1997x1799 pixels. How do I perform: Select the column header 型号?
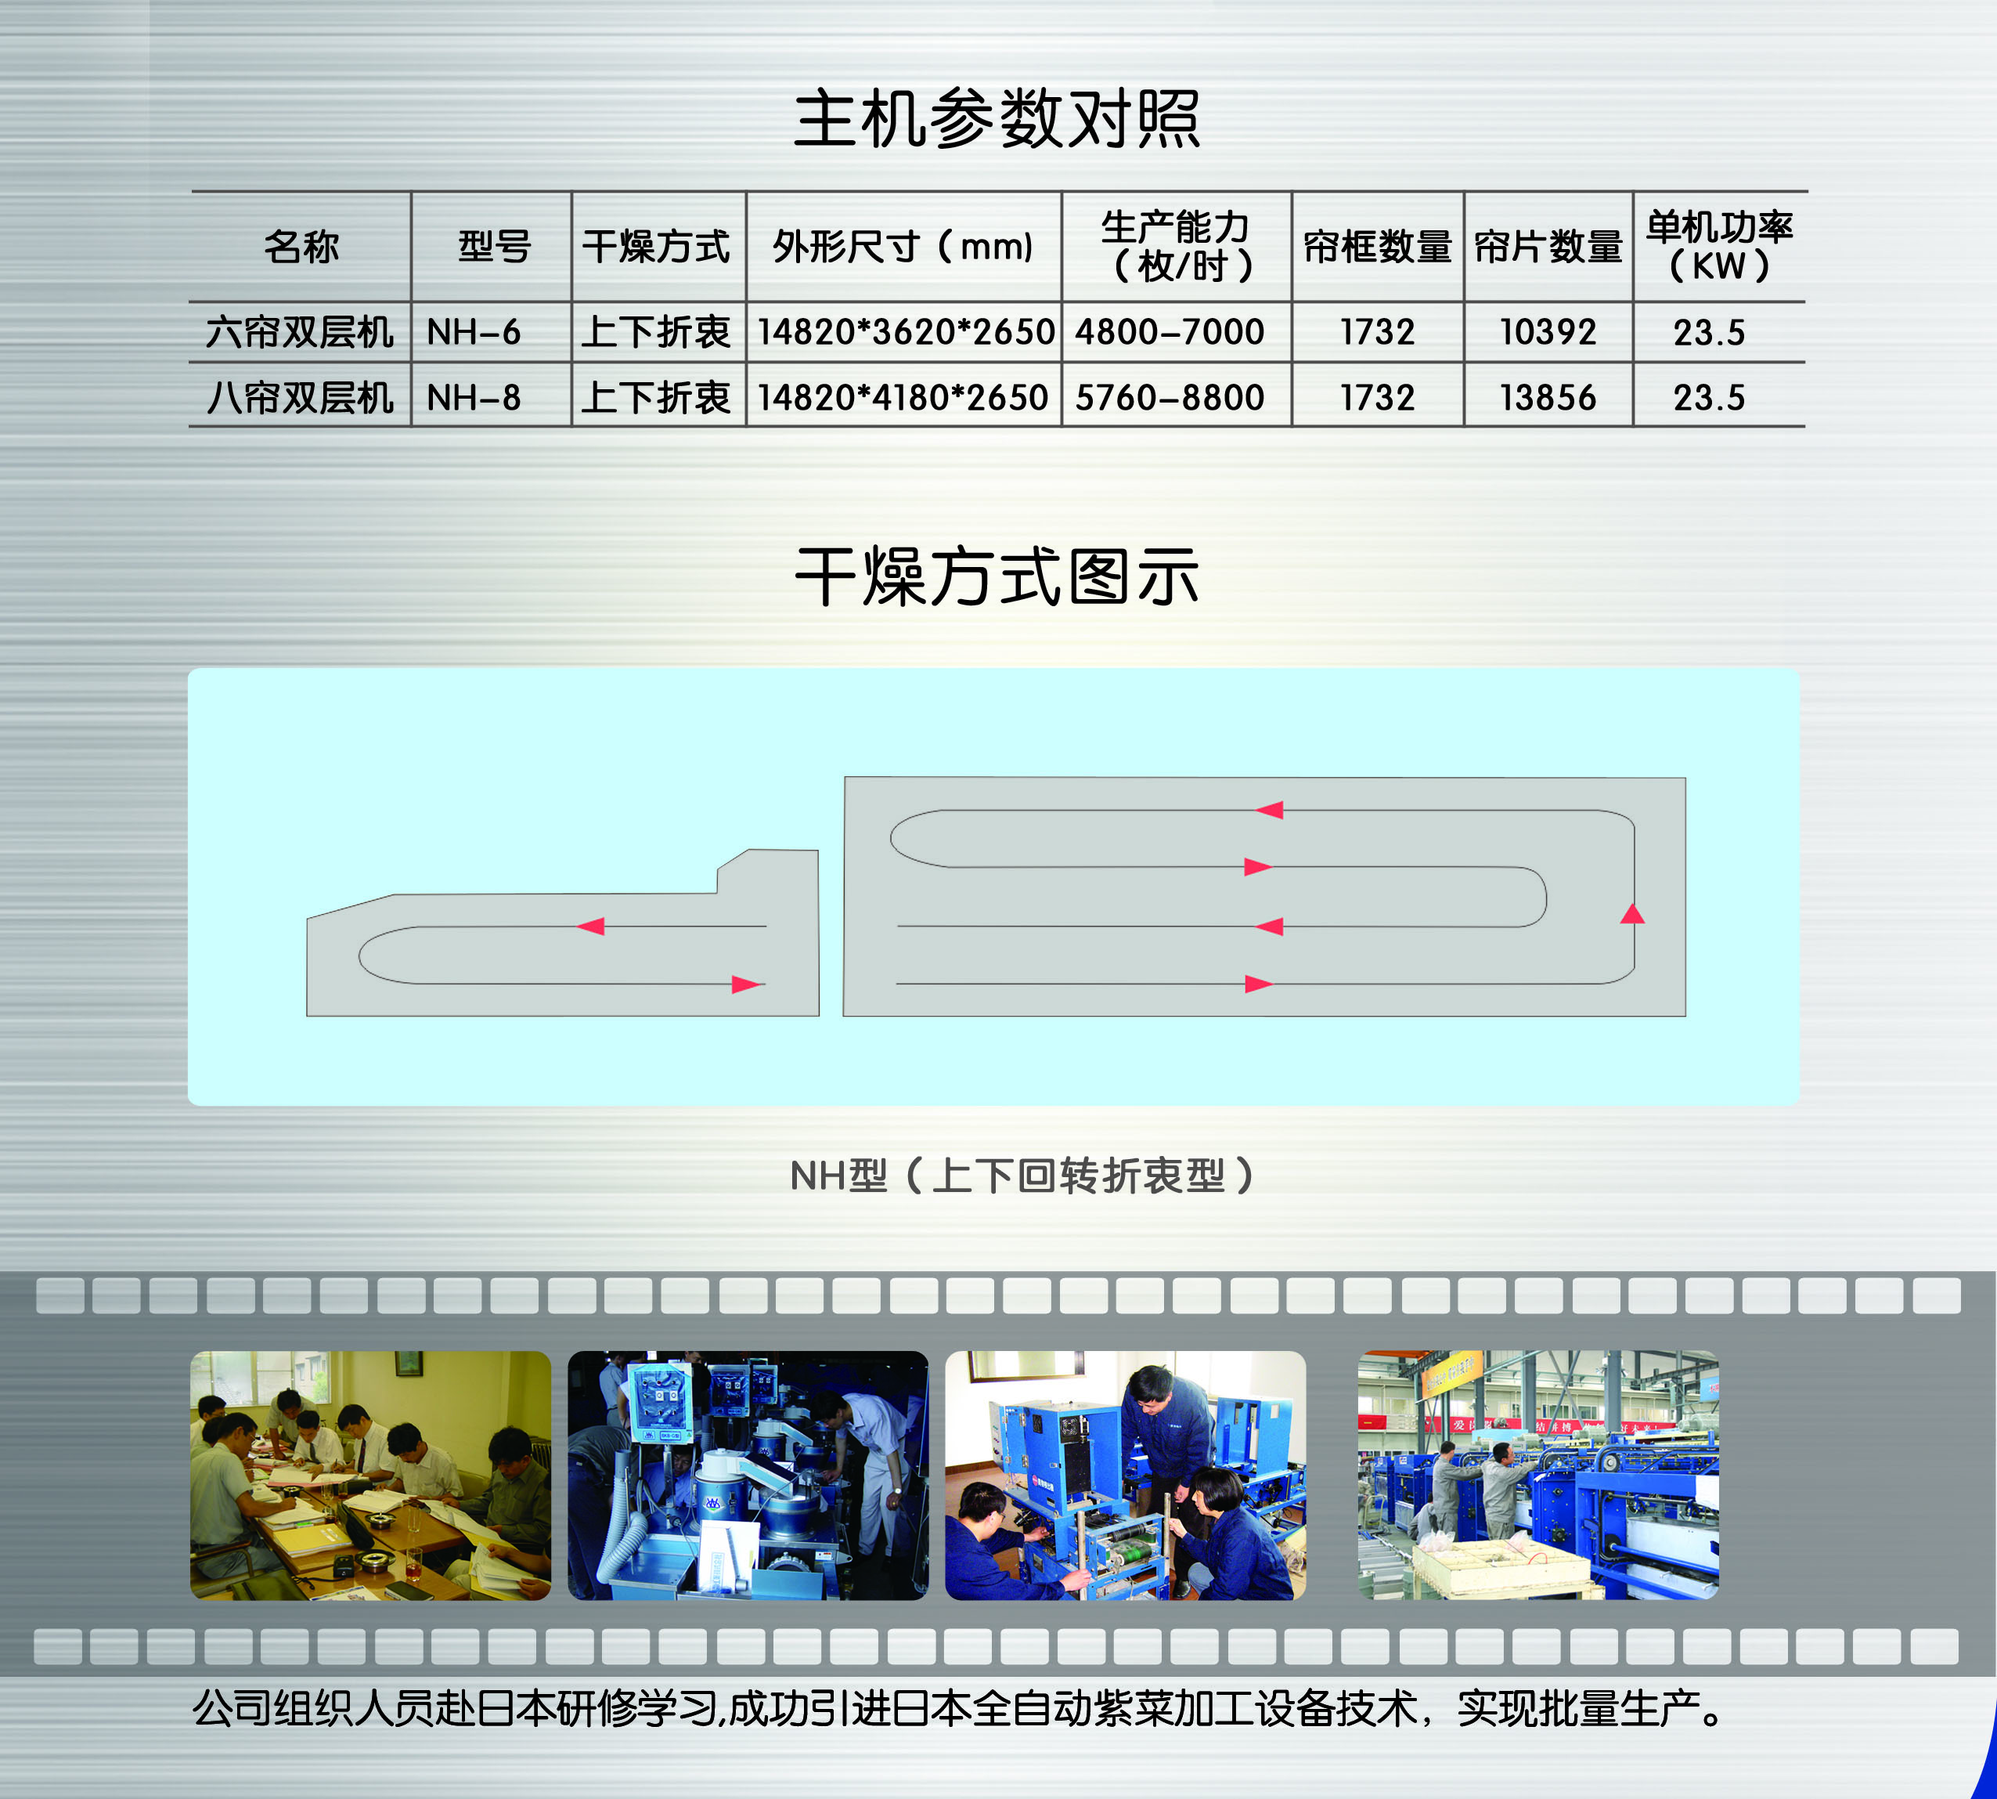494,246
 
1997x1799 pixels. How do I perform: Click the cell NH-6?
474,332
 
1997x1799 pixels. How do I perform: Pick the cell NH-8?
474,397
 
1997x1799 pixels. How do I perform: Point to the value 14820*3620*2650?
905,332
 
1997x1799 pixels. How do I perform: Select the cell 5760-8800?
1170,397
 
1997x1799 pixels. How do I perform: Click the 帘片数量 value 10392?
1548,332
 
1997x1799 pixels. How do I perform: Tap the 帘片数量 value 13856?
1548,397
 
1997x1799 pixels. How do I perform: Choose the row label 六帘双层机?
301,332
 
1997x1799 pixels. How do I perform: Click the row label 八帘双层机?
301,397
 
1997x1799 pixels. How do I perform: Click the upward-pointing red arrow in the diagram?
1632,913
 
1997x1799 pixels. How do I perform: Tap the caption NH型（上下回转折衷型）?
1024,1176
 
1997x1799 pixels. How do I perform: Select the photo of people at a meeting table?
370,1475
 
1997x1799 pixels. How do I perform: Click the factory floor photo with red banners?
1538,1475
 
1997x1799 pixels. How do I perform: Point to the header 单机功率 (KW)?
1719,246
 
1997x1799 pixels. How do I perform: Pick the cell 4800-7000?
1170,332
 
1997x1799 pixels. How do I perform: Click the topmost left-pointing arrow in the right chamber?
1269,811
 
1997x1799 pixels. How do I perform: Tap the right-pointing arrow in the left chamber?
747,984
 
